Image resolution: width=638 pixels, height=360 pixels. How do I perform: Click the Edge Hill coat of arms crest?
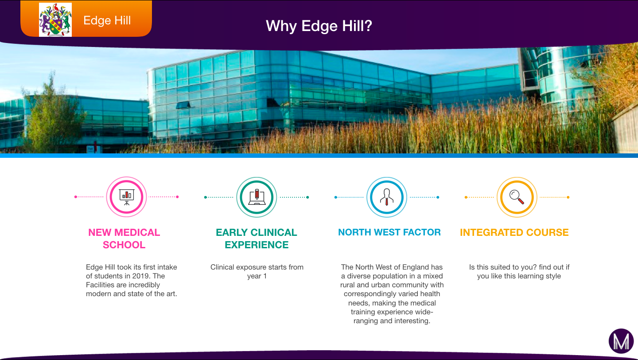pos(55,20)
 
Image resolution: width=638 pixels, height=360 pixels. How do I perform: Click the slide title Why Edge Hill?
pos(319,26)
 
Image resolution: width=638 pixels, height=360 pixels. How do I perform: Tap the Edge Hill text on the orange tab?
pos(107,20)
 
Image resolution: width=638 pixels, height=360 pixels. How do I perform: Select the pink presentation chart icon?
pos(126,197)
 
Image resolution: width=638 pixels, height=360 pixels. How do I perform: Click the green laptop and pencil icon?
pos(257,197)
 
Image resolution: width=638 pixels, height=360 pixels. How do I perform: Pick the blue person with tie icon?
pos(386,197)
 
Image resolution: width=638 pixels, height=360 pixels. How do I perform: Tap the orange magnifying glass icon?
pos(517,197)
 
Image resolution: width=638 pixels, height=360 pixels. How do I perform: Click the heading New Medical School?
pos(124,239)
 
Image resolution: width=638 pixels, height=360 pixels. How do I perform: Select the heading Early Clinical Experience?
pos(257,239)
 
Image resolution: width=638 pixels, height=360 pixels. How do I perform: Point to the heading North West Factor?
pos(389,232)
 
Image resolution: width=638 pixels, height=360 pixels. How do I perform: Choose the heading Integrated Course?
pos(514,232)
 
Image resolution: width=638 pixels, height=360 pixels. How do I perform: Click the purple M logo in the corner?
pos(621,341)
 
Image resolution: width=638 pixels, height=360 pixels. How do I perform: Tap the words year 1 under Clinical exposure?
pos(257,276)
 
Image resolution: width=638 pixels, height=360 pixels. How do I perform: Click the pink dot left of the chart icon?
pos(75,197)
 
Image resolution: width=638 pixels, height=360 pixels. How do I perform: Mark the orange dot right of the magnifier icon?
pos(568,197)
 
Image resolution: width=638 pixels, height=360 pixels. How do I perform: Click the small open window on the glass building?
pos(183,105)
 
